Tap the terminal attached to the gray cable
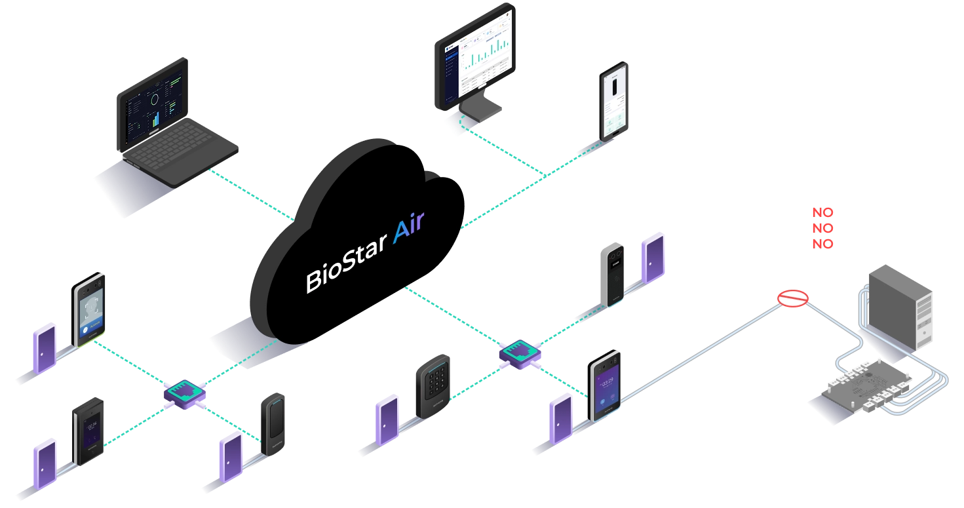[605, 386]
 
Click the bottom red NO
[822, 244]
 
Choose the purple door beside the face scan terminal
[43, 347]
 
